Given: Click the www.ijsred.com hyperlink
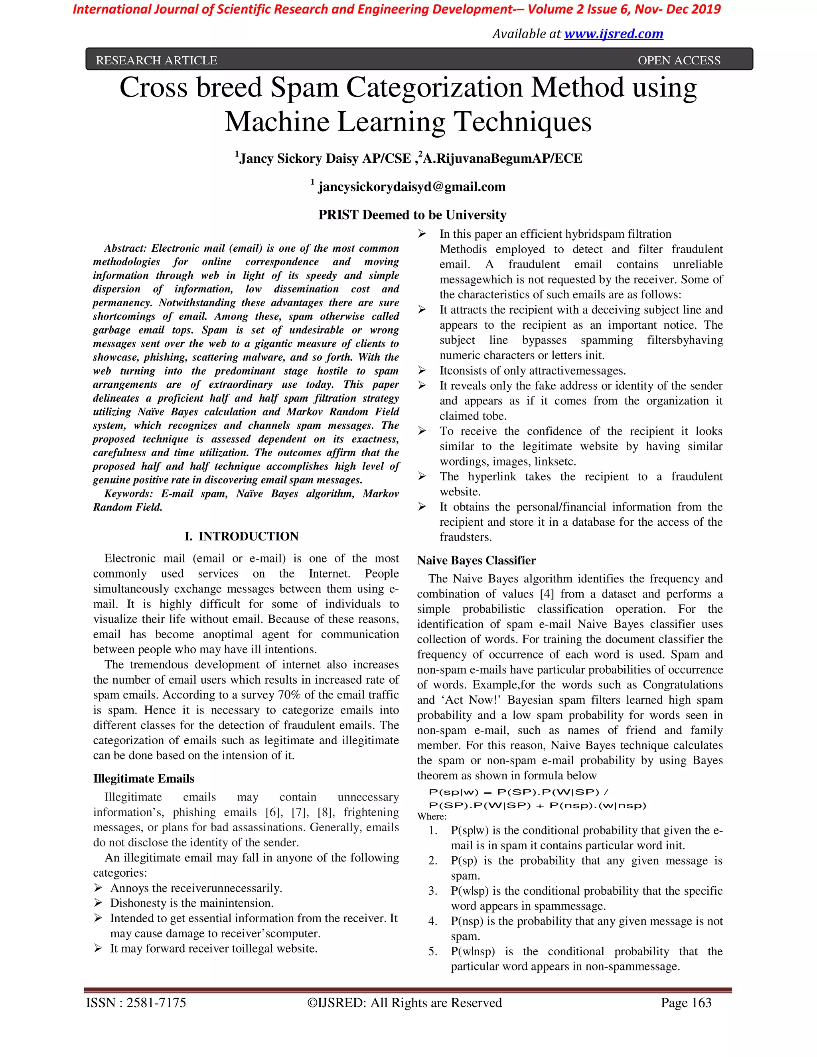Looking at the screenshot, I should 613,34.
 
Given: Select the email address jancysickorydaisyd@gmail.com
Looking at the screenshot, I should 411,187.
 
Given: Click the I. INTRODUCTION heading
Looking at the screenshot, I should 241,536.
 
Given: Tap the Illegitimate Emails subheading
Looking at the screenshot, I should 144,779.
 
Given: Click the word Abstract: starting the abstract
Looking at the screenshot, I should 125,248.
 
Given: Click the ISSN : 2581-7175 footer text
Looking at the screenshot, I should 136,1003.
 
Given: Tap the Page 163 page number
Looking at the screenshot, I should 686,1003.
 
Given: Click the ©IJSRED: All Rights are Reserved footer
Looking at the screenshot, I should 405,1003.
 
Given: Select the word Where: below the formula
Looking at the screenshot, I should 432,816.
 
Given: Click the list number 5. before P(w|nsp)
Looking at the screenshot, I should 433,951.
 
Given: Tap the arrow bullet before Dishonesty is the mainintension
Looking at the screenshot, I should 98,903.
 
